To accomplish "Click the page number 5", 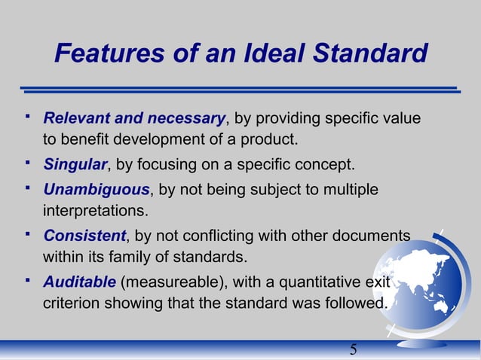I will coord(354,350).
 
